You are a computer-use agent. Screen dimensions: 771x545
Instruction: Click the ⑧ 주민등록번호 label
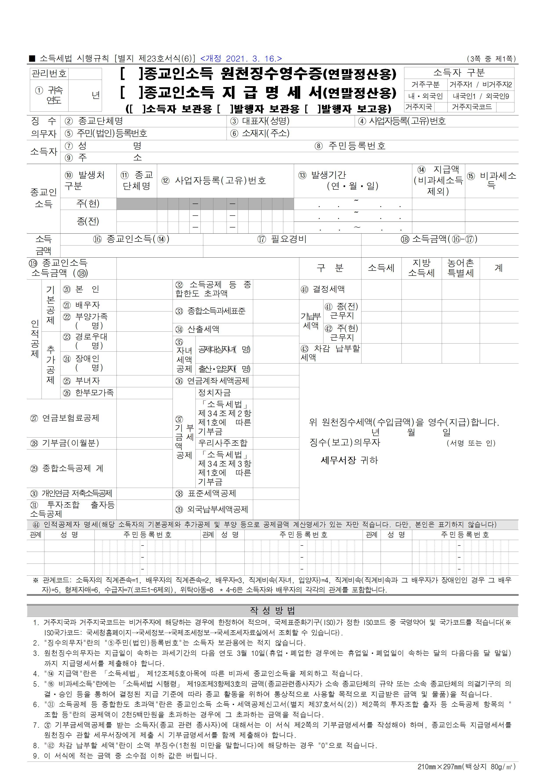pyautogui.click(x=350, y=146)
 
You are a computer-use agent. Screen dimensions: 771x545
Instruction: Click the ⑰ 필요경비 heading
pyautogui.click(x=282, y=239)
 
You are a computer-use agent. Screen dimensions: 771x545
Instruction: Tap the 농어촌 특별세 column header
pyautogui.click(x=460, y=268)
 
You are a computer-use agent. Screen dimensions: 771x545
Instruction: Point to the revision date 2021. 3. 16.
pyautogui.click(x=241, y=59)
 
